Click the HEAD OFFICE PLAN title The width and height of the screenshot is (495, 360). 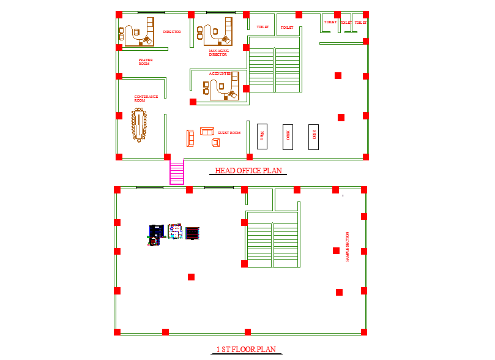tap(248, 171)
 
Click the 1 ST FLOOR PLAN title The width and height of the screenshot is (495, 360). tap(246, 350)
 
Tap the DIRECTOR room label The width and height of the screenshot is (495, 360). tap(172, 32)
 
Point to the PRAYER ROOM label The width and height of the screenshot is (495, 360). tap(145, 62)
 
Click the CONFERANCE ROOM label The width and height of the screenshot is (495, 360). tap(146, 98)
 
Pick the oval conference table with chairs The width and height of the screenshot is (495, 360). tap(140, 124)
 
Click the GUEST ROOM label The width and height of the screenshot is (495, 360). tap(229, 133)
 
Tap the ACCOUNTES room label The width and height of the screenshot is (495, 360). tap(220, 73)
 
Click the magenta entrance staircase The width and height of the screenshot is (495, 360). tap(177, 172)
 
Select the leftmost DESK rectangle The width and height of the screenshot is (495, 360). tap(262, 136)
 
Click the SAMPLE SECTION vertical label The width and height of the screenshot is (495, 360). tap(347, 247)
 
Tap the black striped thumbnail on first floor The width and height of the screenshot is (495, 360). tap(193, 233)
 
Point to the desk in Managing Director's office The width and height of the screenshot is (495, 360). tap(217, 31)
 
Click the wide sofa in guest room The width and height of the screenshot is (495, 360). tap(207, 131)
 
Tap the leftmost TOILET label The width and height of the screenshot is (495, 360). tap(262, 27)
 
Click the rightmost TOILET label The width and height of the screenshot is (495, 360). tap(360, 23)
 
